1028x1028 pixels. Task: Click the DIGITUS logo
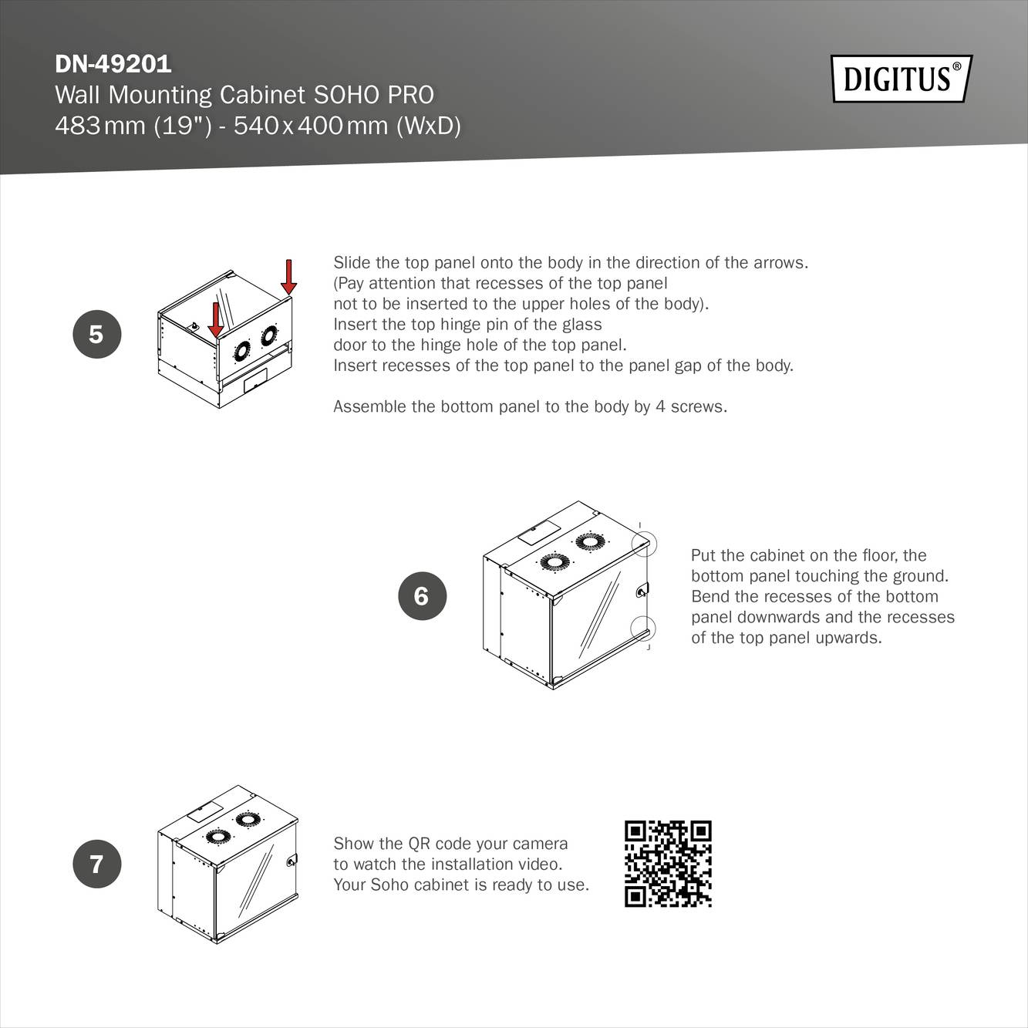click(901, 79)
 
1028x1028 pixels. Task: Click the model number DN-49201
click(113, 63)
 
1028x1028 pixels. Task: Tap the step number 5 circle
click(96, 334)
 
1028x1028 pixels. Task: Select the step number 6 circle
click(422, 595)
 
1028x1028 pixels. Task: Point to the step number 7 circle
click(96, 863)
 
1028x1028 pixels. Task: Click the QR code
click(668, 864)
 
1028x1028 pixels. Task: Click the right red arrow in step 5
click(288, 277)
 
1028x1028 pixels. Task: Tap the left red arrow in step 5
click(216, 319)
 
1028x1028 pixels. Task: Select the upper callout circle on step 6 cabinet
click(643, 544)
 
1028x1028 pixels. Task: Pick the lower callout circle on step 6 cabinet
click(643, 628)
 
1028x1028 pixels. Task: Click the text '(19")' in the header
click(182, 125)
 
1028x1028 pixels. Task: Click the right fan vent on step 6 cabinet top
click(589, 541)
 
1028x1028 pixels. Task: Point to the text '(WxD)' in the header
click(428, 125)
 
